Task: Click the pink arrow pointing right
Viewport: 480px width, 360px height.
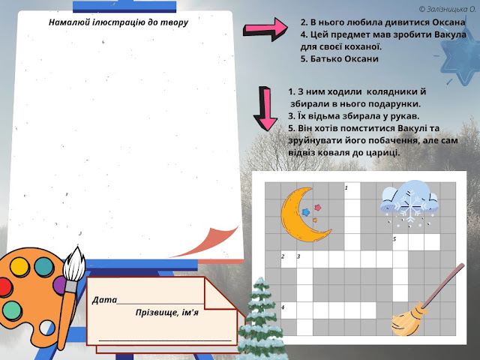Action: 267,29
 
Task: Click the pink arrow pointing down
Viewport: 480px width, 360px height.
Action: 265,108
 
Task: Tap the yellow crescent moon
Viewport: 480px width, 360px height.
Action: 301,217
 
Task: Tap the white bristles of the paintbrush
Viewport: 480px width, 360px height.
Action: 74,263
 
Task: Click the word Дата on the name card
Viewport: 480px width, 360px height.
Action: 104,300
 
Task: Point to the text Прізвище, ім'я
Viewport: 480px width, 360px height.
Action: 167,311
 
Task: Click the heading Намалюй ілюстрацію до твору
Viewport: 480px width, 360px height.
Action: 118,22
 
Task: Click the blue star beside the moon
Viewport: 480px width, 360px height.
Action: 305,212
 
